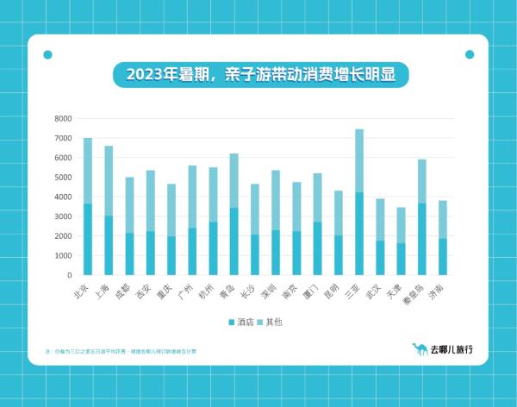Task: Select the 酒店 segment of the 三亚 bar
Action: pyautogui.click(x=359, y=233)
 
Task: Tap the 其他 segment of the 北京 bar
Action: pyautogui.click(x=88, y=171)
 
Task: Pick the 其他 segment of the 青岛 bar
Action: pyautogui.click(x=234, y=180)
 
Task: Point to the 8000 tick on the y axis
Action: pyautogui.click(x=63, y=118)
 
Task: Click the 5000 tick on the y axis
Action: pyautogui.click(x=63, y=178)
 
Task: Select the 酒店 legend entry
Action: pyautogui.click(x=242, y=322)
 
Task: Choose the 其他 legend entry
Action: pyautogui.click(x=271, y=322)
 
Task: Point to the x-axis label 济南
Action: pyautogui.click(x=438, y=291)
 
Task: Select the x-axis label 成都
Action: pyautogui.click(x=124, y=291)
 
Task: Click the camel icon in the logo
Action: pyautogui.click(x=420, y=349)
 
